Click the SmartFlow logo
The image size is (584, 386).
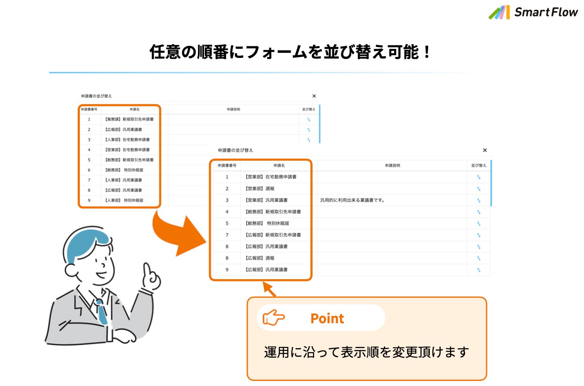533,12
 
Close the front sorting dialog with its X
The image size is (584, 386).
485,150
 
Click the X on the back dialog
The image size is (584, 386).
314,96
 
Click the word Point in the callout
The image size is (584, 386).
327,318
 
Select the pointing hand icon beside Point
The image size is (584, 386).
274,318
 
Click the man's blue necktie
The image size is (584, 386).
102,312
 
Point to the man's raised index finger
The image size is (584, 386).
147,270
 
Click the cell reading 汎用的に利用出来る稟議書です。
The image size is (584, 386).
352,200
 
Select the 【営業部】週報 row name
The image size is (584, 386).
260,189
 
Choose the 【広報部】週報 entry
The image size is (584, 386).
260,258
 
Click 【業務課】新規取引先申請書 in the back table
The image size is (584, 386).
129,119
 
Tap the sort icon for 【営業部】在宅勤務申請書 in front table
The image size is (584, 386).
478,177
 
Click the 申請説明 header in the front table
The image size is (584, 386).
392,166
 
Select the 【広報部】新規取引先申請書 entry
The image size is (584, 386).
273,235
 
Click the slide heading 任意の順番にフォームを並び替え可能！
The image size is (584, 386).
290,52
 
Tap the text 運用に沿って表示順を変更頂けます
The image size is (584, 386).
366,352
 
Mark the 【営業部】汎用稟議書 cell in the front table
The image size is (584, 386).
266,200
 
